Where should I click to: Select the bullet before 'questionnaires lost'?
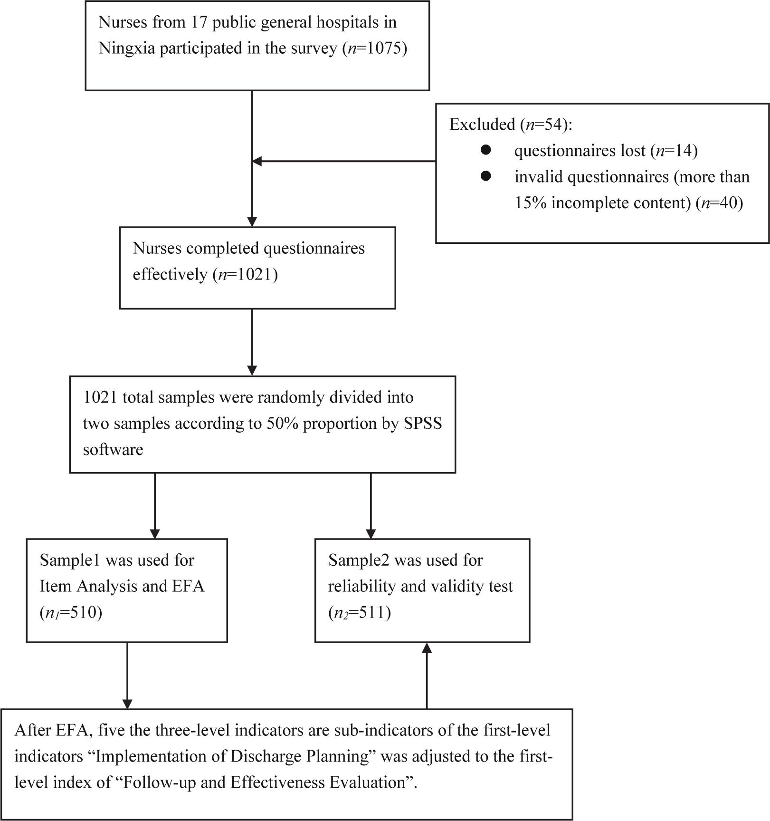pyautogui.click(x=485, y=150)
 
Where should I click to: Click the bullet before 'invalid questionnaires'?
pyautogui.click(x=485, y=176)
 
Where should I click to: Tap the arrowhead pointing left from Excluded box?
pyautogui.click(x=257, y=161)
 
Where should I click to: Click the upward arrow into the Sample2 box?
pyautogui.click(x=427, y=676)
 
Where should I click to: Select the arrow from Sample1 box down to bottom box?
pyautogui.click(x=127, y=676)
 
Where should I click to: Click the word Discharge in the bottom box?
pyautogui.click(x=264, y=756)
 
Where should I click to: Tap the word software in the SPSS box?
pyautogui.click(x=113, y=449)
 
